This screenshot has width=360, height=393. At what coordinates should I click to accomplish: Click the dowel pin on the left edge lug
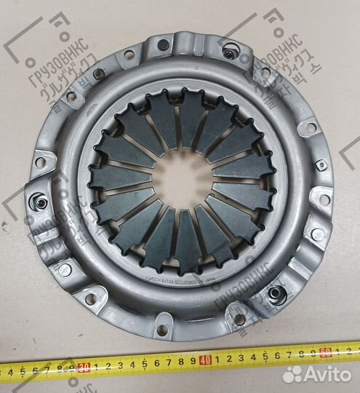[41, 202]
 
